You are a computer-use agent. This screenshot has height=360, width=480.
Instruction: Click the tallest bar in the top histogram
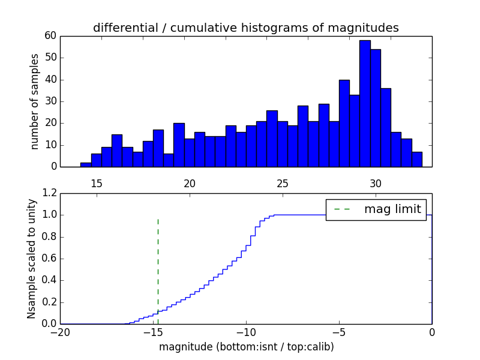click(365, 103)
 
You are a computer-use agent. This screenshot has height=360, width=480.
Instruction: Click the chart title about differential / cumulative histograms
click(245, 28)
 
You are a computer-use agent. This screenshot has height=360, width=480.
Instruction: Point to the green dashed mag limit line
click(158, 264)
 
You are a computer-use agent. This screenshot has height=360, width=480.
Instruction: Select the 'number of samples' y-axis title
click(35, 101)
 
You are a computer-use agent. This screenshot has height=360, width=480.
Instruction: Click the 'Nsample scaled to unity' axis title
click(32, 259)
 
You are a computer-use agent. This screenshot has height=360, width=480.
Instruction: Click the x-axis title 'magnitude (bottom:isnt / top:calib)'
click(246, 347)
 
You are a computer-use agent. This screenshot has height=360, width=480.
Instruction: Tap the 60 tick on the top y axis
click(50, 36)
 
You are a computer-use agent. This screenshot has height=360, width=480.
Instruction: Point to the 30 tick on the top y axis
click(50, 101)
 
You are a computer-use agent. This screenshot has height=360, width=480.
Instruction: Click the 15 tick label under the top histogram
click(97, 183)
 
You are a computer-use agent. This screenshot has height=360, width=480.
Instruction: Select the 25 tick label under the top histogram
click(283, 183)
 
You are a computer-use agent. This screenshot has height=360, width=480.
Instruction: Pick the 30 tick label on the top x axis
click(376, 183)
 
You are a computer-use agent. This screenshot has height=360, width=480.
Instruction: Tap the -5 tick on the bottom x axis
click(339, 332)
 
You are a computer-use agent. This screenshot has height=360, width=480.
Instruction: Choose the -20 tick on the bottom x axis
click(60, 332)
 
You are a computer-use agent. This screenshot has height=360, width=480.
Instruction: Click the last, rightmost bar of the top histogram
click(417, 160)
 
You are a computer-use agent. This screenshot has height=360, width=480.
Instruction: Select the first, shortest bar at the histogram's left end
click(86, 165)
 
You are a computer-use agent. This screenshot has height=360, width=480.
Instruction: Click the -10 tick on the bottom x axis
click(246, 332)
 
